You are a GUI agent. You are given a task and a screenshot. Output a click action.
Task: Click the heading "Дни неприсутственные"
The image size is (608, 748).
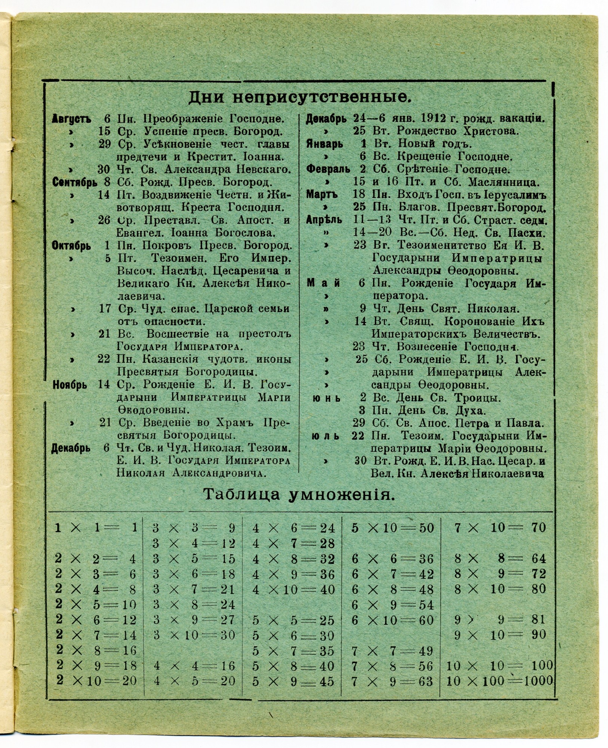click(299, 98)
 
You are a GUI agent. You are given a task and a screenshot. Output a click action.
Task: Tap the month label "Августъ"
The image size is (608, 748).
click(71, 119)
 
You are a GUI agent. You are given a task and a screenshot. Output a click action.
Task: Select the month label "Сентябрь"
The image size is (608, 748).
click(75, 183)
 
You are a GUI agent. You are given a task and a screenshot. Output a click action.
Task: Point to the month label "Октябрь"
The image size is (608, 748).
click(71, 246)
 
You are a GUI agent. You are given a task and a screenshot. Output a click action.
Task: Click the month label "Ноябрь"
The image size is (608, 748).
click(70, 384)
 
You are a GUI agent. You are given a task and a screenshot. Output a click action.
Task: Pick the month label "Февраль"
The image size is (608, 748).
click(328, 169)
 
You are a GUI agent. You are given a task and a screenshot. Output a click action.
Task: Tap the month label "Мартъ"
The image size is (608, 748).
click(322, 195)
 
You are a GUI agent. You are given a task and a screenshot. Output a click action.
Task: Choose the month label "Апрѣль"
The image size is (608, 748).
click(324, 220)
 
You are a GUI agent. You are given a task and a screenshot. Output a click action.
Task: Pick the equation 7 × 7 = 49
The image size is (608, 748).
click(392, 651)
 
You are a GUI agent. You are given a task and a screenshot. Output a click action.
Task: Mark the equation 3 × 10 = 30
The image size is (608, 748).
click(194, 635)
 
